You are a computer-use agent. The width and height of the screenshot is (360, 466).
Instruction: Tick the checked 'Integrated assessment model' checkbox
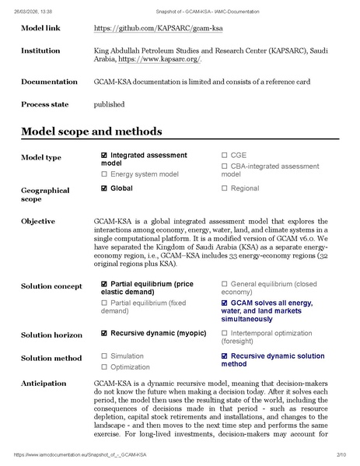click(x=104, y=155)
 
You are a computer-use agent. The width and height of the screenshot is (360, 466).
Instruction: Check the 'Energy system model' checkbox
click(x=104, y=174)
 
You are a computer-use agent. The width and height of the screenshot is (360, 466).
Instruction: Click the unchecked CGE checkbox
click(x=225, y=155)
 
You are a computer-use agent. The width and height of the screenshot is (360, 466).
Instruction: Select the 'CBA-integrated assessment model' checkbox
click(x=225, y=166)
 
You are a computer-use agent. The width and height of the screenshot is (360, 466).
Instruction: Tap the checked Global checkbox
click(x=104, y=188)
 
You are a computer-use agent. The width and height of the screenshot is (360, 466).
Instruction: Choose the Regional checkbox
click(x=225, y=188)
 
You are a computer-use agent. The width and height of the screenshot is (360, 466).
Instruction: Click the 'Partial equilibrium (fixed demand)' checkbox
click(x=104, y=301)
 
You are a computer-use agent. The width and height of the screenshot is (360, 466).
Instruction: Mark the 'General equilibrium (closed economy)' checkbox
click(x=225, y=284)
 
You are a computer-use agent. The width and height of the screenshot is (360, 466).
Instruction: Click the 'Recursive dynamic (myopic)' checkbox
click(x=104, y=333)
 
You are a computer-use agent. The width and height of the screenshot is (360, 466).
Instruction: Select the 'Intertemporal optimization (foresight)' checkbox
click(x=225, y=333)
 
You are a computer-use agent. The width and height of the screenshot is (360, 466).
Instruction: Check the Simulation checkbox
click(x=104, y=356)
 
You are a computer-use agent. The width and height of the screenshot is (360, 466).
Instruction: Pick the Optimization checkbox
click(x=104, y=367)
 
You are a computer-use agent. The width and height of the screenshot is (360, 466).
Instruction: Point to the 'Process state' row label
click(x=44, y=103)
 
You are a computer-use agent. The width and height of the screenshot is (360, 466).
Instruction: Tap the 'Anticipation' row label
click(x=44, y=384)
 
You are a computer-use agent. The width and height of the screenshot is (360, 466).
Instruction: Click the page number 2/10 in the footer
click(x=341, y=454)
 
